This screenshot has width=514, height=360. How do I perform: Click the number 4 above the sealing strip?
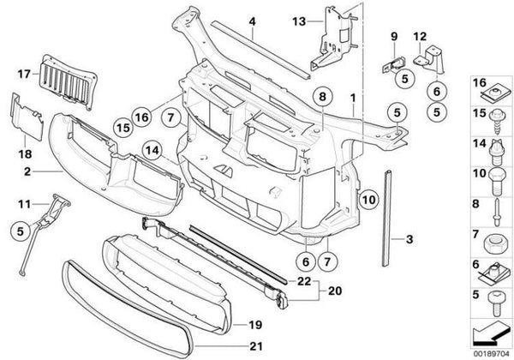click(x=252, y=21)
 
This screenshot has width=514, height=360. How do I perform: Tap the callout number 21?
click(x=254, y=346)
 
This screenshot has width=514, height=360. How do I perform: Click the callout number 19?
click(x=254, y=325)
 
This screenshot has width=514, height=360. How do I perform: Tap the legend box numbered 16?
click(x=490, y=92)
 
